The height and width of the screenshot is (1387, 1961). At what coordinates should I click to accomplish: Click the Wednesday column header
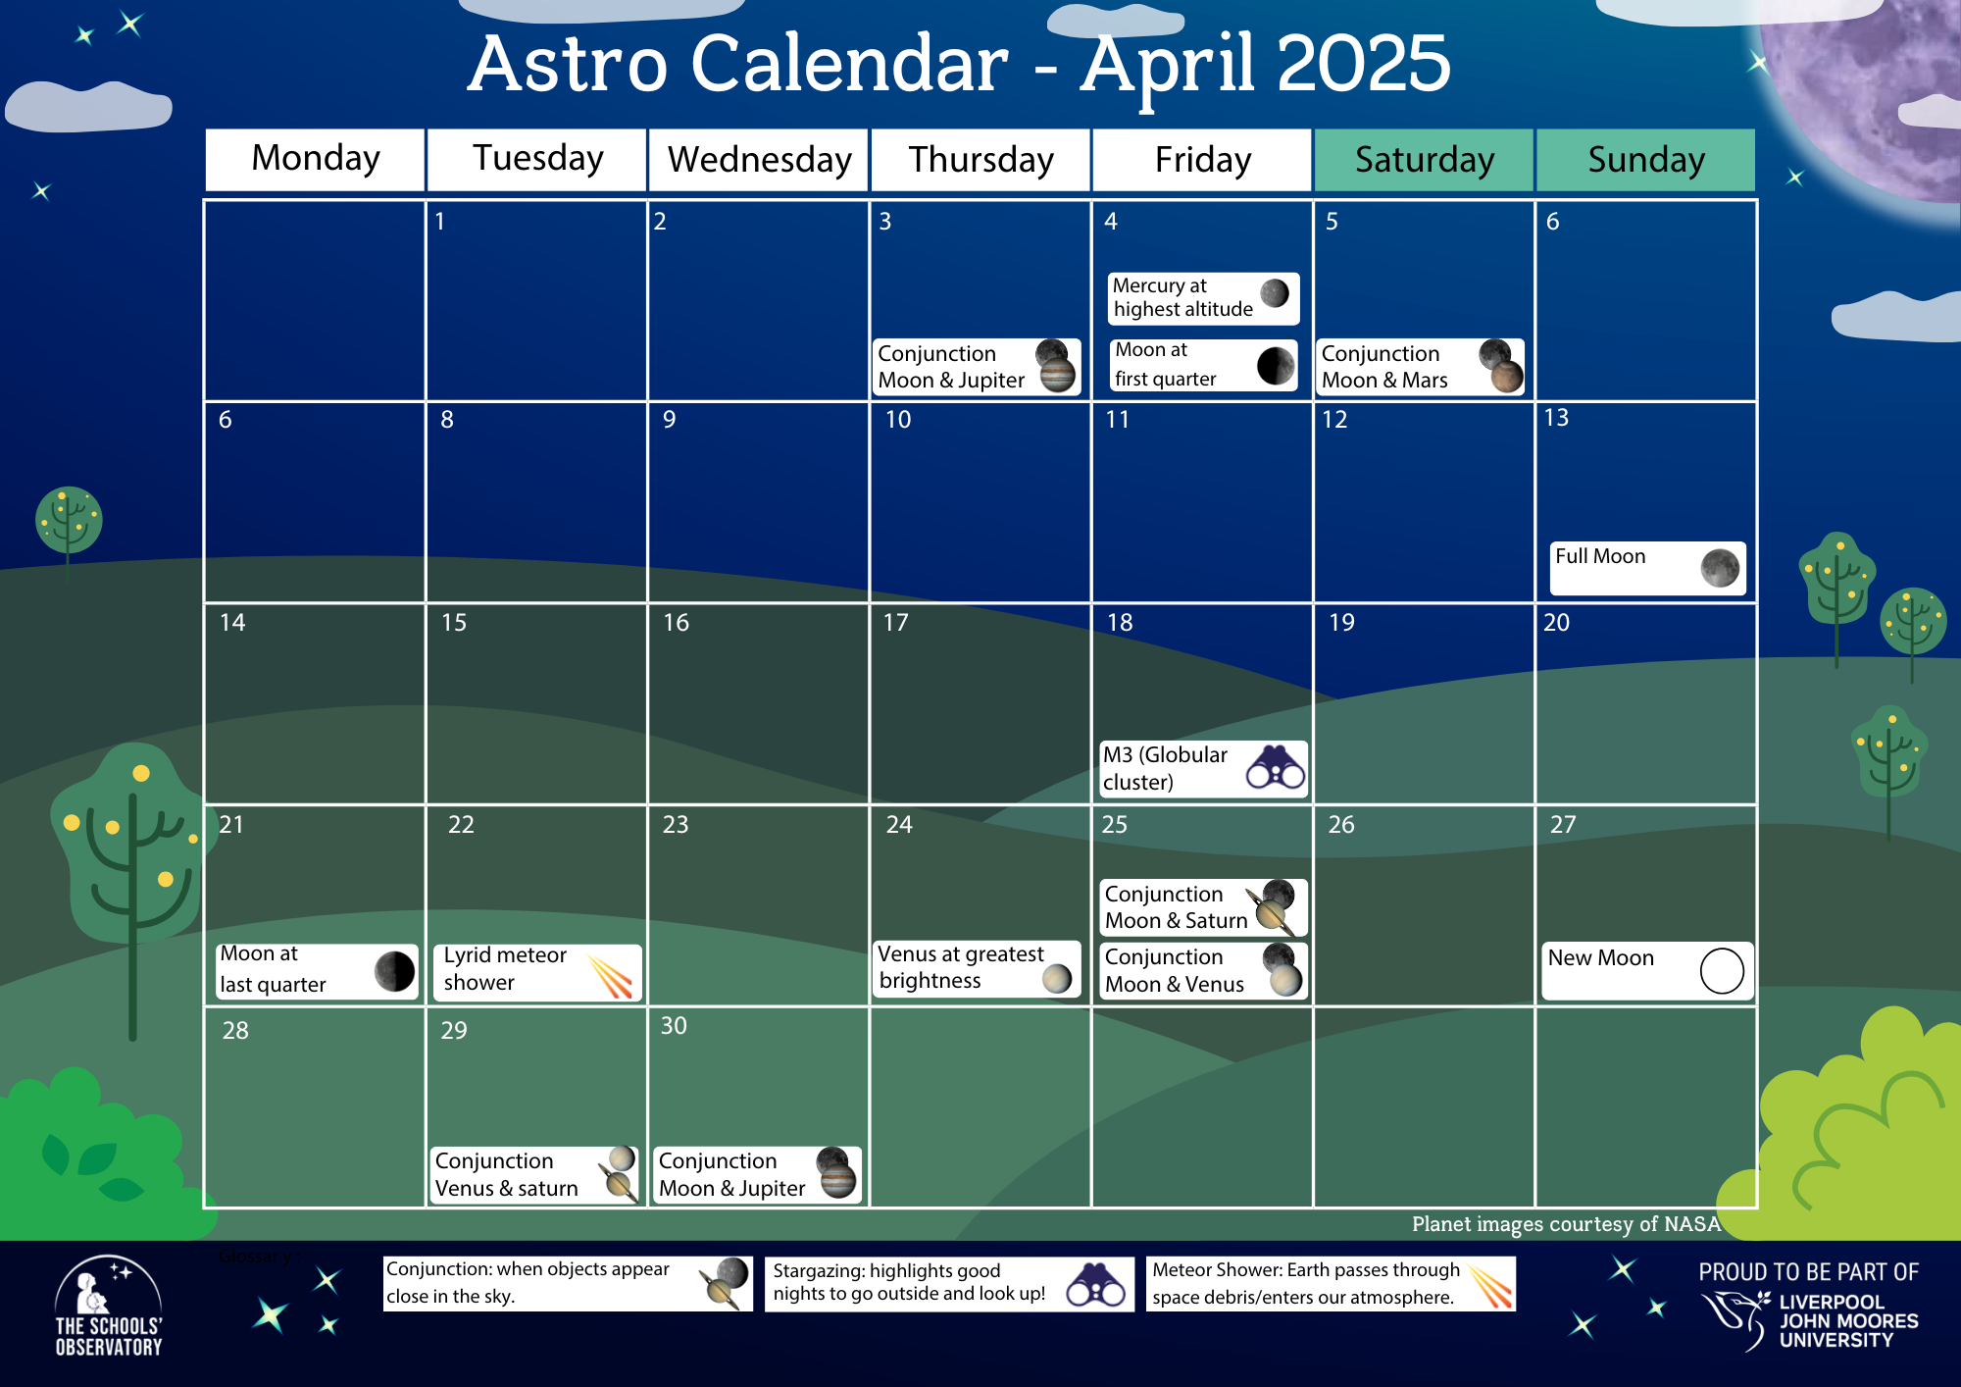[759, 159]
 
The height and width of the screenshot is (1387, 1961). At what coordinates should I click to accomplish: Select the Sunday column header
[1645, 159]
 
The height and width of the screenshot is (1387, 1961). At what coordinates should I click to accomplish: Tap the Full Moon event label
[1601, 557]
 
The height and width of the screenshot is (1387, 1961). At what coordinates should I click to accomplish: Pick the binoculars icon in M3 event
[1275, 767]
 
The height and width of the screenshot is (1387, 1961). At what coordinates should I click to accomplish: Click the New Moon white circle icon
[1721, 971]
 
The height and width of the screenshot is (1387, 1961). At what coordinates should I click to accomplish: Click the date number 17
[895, 623]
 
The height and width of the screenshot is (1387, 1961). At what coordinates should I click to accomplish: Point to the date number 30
[674, 1026]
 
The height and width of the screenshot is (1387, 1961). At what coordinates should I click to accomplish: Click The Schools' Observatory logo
[108, 1308]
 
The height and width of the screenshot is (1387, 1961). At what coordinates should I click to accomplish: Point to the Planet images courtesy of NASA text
[1565, 1224]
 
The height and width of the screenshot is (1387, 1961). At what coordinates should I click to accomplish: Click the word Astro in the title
[568, 65]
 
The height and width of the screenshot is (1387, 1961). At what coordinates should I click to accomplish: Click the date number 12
[1334, 420]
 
